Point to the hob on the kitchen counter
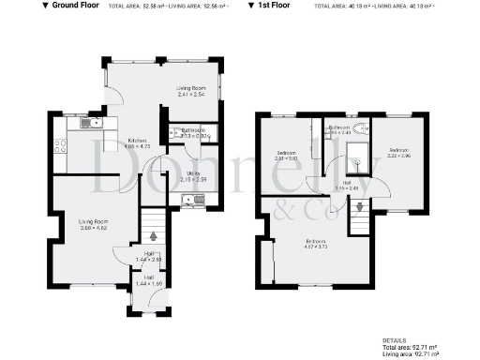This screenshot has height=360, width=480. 60,146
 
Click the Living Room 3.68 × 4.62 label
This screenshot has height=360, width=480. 93,224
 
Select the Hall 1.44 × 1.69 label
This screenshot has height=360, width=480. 148,279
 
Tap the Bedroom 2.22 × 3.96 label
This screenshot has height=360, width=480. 399,153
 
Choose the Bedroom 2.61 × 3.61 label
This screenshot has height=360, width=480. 287,156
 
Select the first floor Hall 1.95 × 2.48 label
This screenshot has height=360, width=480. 347,185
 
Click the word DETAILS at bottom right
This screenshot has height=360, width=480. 395,340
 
